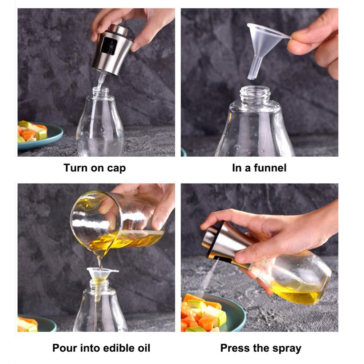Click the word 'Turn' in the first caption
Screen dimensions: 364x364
(x=76, y=168)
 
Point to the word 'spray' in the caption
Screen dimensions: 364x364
(x=285, y=348)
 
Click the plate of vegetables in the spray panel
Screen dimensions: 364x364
(x=211, y=314)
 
